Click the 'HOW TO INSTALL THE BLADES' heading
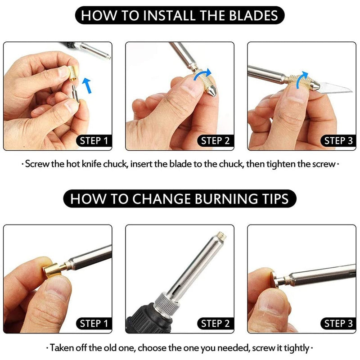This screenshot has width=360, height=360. (180, 15)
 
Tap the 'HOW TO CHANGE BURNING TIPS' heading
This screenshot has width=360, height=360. (180, 198)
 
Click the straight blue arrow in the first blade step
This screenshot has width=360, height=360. (87, 85)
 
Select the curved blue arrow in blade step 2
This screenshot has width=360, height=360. (202, 74)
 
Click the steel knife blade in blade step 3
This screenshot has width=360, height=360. (334, 88)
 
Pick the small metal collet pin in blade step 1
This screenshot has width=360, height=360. (76, 93)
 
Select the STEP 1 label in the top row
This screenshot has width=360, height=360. (94, 141)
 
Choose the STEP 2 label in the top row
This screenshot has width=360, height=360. (216, 141)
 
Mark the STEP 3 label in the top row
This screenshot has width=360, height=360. (338, 141)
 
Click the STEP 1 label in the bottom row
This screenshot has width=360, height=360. (94, 324)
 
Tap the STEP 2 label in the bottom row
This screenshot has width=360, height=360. (216, 324)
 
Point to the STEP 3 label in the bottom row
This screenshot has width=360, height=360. (338, 324)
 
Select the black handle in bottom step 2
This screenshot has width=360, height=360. (149, 319)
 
